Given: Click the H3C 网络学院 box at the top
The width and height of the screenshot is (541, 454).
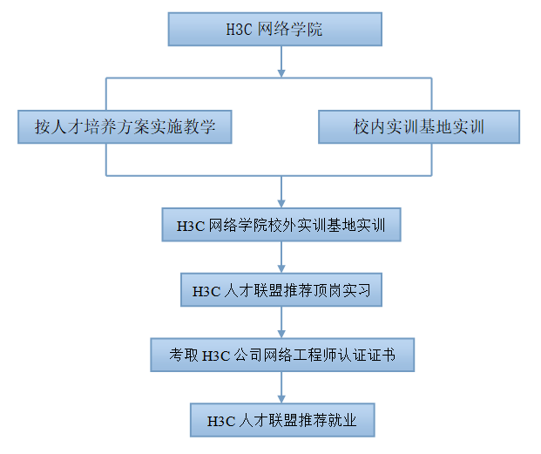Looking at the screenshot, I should coord(275,29).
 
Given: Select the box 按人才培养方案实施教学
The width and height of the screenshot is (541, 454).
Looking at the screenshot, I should coord(125,127).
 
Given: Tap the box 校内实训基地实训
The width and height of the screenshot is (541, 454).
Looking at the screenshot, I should coord(419,127).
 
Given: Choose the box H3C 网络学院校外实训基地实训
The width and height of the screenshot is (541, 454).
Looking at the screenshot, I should coord(281,225).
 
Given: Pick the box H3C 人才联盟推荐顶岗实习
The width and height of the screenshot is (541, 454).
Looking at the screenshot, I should coord(281,290).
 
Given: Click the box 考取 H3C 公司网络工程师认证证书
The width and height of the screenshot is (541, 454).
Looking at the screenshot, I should coord(281,355).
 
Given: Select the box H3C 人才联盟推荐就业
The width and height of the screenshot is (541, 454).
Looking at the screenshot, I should coord(281,420).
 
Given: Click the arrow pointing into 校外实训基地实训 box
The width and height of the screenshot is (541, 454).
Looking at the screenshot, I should coord(281,193).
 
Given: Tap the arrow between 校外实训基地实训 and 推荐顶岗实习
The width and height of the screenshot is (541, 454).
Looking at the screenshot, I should coord(281,257).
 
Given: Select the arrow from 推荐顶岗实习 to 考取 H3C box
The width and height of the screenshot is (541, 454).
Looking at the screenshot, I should coord(281,322).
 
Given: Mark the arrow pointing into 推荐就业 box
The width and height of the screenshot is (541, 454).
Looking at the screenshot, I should coord(281,387).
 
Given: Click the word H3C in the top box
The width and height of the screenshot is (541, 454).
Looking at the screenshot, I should coord(239,30).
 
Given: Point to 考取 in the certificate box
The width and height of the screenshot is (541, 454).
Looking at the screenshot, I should coord(184,356).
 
